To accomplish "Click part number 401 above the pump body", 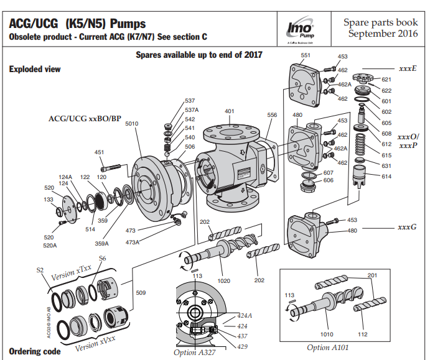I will click(230, 111).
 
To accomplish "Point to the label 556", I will click(272, 115).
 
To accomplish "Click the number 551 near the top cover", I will click(306, 55).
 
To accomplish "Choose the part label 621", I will click(386, 80).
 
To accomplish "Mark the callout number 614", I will click(386, 177).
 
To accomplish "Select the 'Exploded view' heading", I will click(35, 69).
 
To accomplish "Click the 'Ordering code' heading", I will click(35, 351).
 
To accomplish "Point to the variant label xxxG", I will click(408, 227).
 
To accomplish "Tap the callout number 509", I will click(141, 292).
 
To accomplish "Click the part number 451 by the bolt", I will click(99, 152).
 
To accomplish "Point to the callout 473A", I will click(133, 242).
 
